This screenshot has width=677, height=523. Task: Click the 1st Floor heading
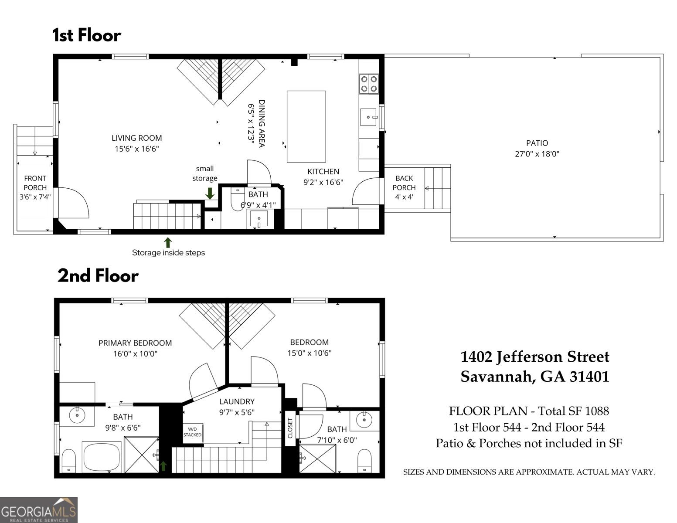point(86,35)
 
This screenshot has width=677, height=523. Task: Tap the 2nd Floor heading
point(98,276)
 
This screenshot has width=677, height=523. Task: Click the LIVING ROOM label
point(136,138)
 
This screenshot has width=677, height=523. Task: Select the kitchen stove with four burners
point(368,84)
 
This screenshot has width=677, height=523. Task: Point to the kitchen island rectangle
point(306,126)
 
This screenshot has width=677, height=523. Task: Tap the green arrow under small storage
point(210,193)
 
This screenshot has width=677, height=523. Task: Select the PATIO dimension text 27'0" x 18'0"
point(537,154)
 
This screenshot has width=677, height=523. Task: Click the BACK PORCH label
point(404,183)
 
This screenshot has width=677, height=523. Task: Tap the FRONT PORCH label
point(35,183)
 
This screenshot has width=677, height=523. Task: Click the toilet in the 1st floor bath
point(237,199)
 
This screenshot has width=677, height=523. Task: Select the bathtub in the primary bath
point(102,457)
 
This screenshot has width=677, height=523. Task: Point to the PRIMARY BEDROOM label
point(135,343)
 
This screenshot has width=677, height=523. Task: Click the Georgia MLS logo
point(39,510)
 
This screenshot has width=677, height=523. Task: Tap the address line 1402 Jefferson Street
point(535,357)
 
